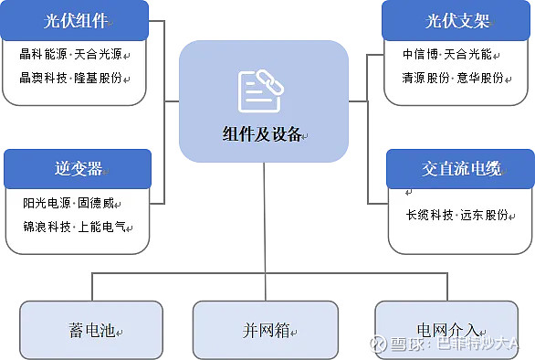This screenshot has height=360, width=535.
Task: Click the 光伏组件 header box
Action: click(x=75, y=20)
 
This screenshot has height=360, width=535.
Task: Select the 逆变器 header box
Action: click(x=77, y=169)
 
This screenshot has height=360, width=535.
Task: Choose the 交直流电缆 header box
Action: click(x=461, y=169)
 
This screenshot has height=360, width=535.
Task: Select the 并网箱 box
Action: click(x=265, y=330)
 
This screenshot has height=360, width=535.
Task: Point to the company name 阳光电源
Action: click(x=47, y=203)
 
